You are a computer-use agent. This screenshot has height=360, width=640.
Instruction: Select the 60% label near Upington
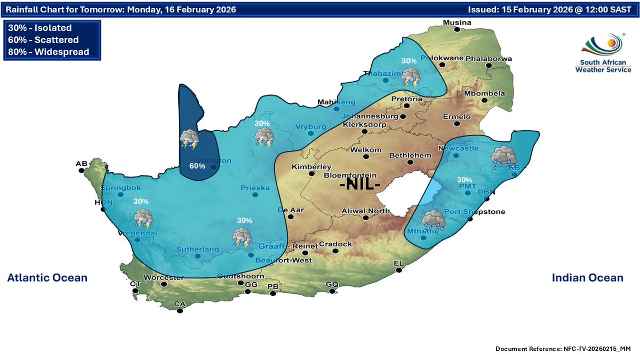click(x=197, y=166)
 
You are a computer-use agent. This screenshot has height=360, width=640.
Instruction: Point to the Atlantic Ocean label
click(x=47, y=278)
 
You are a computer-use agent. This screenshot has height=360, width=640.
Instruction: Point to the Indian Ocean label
click(x=587, y=278)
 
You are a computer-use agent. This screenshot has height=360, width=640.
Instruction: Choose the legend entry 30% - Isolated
click(x=40, y=28)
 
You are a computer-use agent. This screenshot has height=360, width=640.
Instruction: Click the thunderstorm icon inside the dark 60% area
click(x=190, y=140)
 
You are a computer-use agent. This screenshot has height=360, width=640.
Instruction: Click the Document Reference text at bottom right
click(x=563, y=348)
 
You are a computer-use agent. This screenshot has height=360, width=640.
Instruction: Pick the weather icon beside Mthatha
click(x=434, y=220)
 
